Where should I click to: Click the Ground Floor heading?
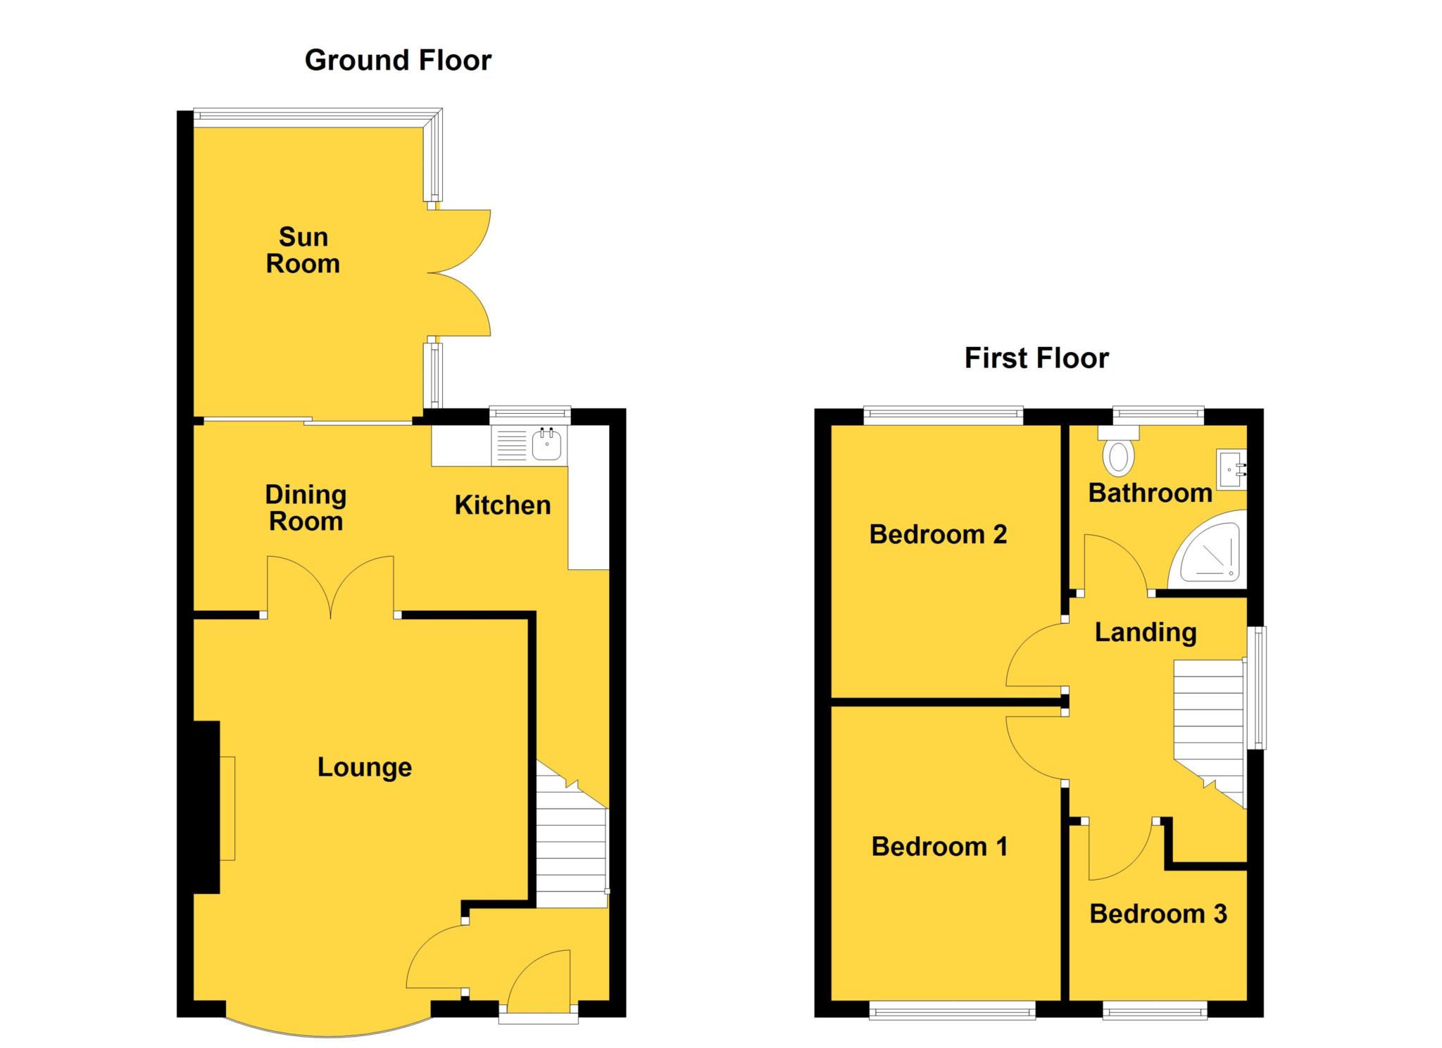[398, 61]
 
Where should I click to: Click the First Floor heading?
[1036, 358]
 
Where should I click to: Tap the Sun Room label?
[303, 251]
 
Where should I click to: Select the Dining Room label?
[306, 508]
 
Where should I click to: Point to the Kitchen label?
[502, 505]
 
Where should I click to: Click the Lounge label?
[364, 767]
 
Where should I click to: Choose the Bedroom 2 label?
[938, 534]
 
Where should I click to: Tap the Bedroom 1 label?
[939, 846]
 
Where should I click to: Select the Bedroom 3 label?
[1158, 914]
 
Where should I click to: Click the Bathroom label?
[1150, 493]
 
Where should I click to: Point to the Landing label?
[1146, 632]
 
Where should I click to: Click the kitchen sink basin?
[546, 444]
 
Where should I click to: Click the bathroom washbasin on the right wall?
[1232, 467]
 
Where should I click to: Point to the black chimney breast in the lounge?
[206, 807]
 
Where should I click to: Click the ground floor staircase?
[572, 852]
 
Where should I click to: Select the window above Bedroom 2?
[943, 415]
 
